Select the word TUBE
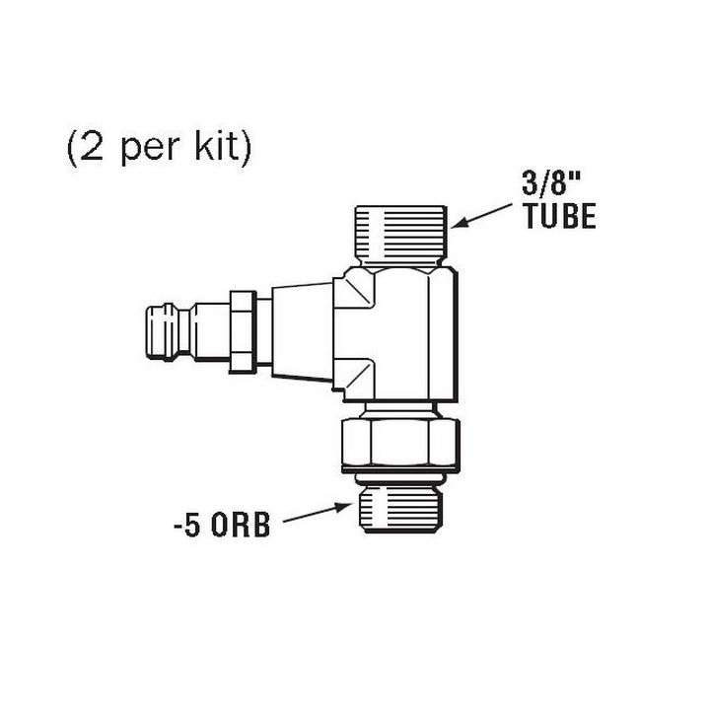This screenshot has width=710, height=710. tap(559, 216)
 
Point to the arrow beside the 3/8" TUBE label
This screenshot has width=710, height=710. tap(484, 212)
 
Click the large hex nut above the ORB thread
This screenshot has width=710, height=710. tap(399, 441)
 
